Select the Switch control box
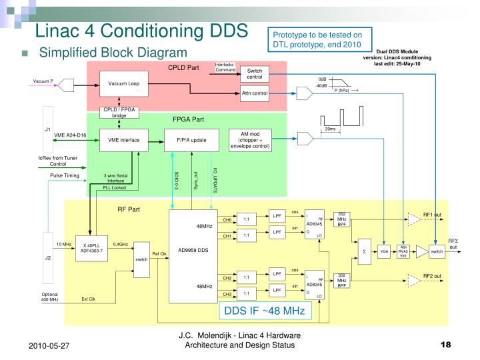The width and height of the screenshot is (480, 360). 255,73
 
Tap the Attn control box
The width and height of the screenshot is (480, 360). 255,93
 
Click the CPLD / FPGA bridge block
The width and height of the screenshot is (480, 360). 119,113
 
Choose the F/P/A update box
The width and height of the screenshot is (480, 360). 191,140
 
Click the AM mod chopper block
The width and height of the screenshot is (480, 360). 250,140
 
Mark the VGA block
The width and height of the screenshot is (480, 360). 384,251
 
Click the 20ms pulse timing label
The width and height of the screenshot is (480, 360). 331,129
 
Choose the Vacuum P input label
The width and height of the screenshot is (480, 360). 43,82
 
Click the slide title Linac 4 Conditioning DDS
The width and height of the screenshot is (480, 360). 141,30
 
